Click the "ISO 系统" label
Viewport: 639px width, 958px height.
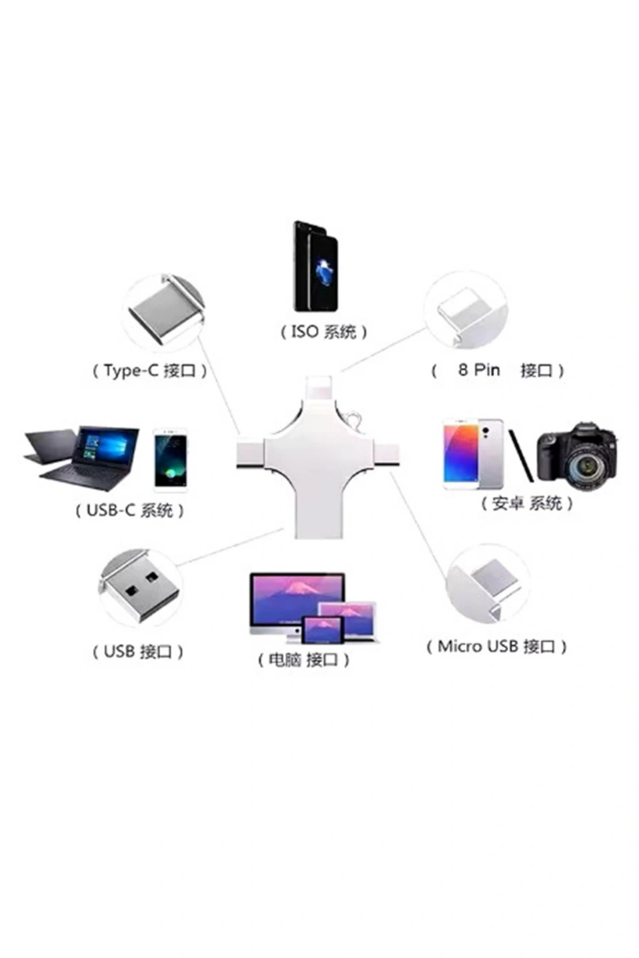click(x=324, y=332)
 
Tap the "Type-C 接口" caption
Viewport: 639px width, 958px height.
click(x=150, y=370)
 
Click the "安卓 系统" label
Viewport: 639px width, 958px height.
click(x=527, y=503)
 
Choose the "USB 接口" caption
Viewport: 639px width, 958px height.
click(x=138, y=652)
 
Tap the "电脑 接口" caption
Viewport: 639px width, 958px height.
click(x=303, y=660)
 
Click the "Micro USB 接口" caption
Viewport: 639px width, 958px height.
click(x=497, y=646)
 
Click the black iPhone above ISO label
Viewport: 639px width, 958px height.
click(x=315, y=266)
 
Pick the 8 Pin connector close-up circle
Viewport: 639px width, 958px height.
click(x=466, y=309)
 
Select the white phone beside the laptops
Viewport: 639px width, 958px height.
click(x=170, y=460)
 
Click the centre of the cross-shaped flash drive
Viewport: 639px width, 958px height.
click(x=318, y=457)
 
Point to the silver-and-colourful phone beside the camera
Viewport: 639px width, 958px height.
click(x=473, y=454)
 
